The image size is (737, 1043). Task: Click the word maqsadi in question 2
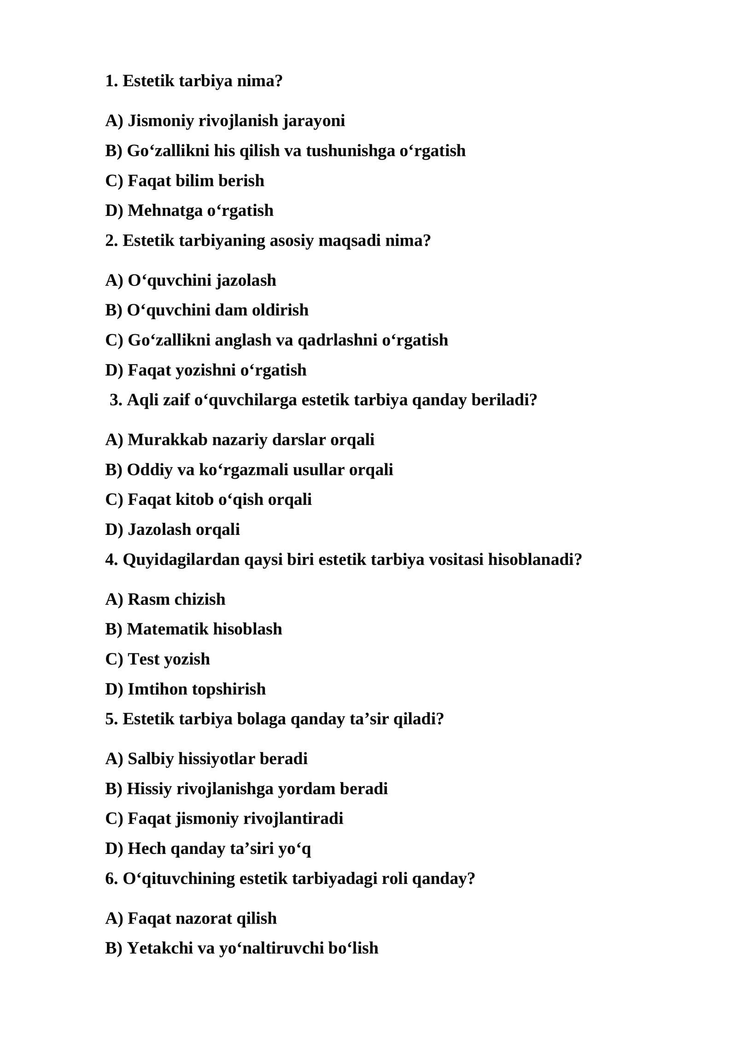349,241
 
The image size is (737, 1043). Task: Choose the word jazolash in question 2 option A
246,280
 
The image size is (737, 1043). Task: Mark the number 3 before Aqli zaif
116,400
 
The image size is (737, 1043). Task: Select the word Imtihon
157,689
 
